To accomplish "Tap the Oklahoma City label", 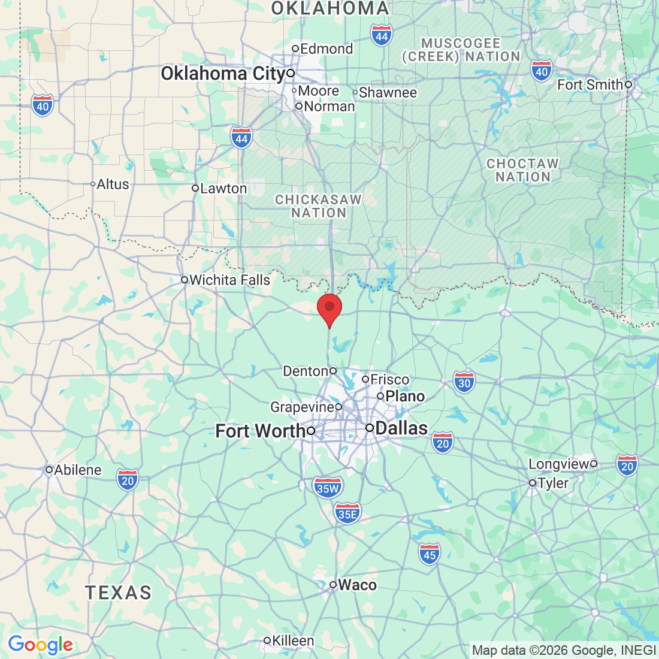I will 222,74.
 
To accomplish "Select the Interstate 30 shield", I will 464,382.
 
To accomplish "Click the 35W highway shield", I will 328,488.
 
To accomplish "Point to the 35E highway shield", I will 347,513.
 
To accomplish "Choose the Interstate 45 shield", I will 430,554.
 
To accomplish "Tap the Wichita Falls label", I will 229,280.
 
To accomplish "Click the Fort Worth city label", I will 260,431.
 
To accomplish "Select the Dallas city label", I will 401,428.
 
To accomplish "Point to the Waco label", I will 357,585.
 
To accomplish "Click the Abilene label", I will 78,470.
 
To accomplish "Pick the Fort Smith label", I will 590,84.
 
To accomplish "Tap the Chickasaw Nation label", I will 319,206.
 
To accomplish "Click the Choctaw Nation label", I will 522,170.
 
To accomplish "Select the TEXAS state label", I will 119,593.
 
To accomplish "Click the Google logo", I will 40,645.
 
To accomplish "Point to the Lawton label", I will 223,188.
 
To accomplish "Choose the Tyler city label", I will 553,483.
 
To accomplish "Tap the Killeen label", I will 293,640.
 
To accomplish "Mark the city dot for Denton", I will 333,371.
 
